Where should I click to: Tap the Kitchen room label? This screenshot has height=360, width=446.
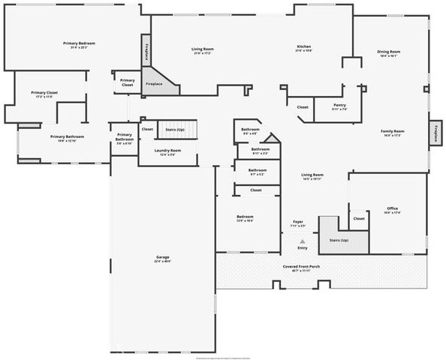pos(303,46)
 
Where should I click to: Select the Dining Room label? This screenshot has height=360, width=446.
pos(387,52)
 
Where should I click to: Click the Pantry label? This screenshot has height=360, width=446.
pos(339,106)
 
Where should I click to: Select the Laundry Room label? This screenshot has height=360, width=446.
pos(167,151)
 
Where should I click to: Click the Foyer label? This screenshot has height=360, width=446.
pos(297,222)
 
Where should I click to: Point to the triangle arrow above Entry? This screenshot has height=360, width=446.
pos(303,241)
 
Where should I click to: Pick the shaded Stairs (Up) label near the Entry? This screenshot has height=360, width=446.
pos(339,241)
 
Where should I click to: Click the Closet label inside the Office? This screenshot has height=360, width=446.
pos(359,218)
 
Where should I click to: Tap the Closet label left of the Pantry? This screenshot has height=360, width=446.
pos(302,107)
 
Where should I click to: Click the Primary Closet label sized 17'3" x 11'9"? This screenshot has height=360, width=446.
pos(44,93)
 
